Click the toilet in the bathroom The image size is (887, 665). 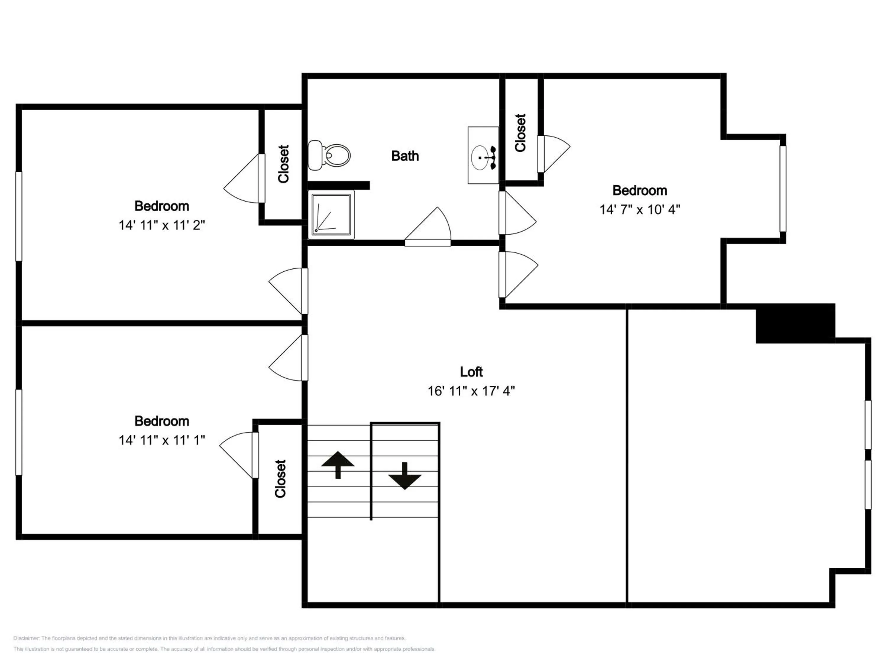(x=329, y=155)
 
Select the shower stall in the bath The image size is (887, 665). (x=331, y=215)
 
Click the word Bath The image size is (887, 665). (x=405, y=156)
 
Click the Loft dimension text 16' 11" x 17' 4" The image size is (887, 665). (x=471, y=391)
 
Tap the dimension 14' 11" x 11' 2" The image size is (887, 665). (x=162, y=225)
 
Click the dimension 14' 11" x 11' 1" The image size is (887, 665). (x=162, y=440)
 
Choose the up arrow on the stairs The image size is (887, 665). (x=338, y=465)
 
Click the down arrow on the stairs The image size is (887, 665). (x=404, y=476)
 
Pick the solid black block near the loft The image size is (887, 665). (x=795, y=323)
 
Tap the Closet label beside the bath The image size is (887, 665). (x=520, y=133)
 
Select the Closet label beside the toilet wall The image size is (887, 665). (x=284, y=164)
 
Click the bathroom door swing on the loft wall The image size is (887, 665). (x=428, y=226)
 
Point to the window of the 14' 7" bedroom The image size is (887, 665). (x=783, y=189)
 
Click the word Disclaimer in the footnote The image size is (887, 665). (x=26, y=638)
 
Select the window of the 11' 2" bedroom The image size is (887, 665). (x=18, y=216)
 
